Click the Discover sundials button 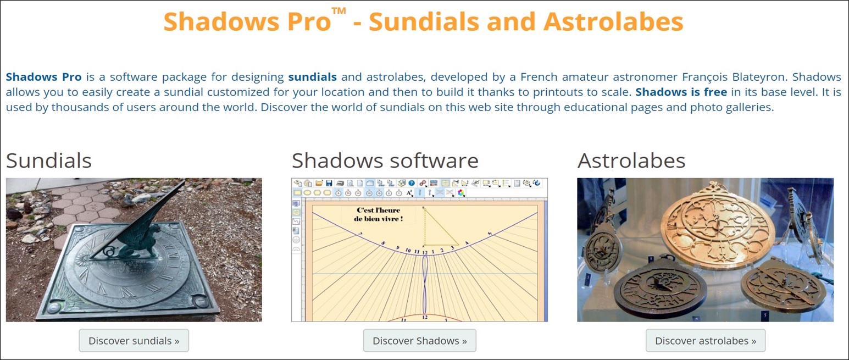click(x=134, y=340)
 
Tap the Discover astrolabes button click(x=706, y=340)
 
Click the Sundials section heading click(x=49, y=160)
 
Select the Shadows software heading click(x=385, y=160)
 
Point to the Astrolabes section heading click(x=631, y=160)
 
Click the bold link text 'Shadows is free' click(x=681, y=92)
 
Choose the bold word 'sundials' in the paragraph click(x=312, y=77)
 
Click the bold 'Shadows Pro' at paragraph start click(x=43, y=77)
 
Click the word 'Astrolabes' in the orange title click(x=613, y=21)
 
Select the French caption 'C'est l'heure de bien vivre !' click(x=378, y=214)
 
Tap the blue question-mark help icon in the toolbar click(x=412, y=184)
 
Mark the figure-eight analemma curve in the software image click(x=425, y=285)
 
